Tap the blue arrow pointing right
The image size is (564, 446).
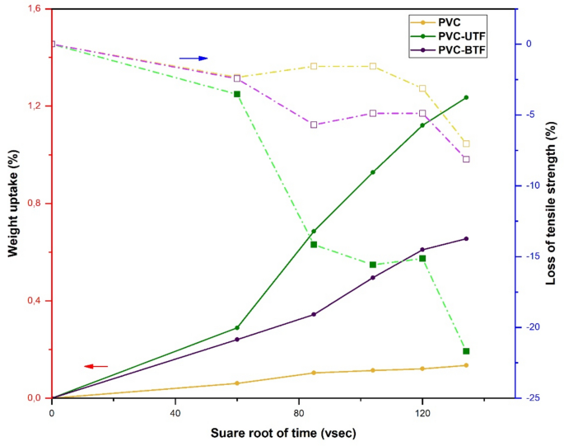(193, 59)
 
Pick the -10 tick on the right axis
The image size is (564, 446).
(531, 185)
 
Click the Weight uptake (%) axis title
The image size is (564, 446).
(14, 204)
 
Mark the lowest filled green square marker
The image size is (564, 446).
(466, 351)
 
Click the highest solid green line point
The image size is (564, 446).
(466, 97)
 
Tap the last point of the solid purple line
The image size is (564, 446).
(466, 239)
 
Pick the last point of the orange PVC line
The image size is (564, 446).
(466, 365)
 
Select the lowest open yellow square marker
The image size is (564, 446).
(466, 144)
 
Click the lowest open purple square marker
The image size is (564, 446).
(466, 159)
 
